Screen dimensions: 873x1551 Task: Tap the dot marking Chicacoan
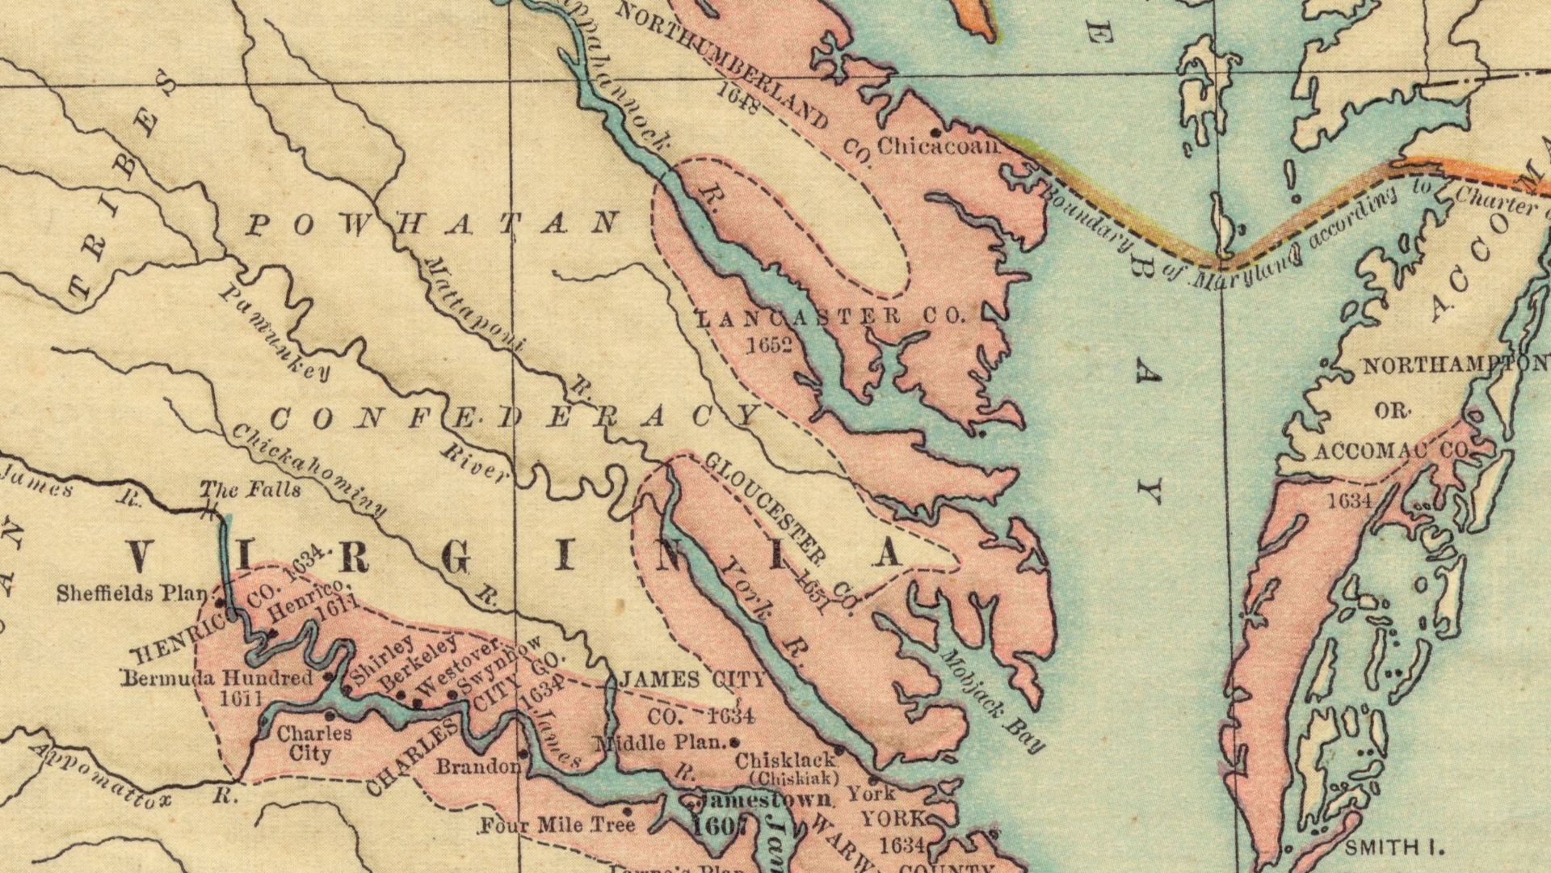click(935, 131)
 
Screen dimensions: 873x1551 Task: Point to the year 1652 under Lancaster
click(767, 346)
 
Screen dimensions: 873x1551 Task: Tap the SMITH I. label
click(1393, 848)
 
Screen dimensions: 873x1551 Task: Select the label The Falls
click(250, 490)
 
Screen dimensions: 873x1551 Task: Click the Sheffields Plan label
click(132, 594)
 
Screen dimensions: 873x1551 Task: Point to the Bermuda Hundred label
click(216, 678)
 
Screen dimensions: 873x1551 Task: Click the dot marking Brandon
click(523, 753)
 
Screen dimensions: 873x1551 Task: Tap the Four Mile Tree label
click(557, 825)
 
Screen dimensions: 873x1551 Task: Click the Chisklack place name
click(784, 761)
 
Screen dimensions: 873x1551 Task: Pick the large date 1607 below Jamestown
click(719, 825)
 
